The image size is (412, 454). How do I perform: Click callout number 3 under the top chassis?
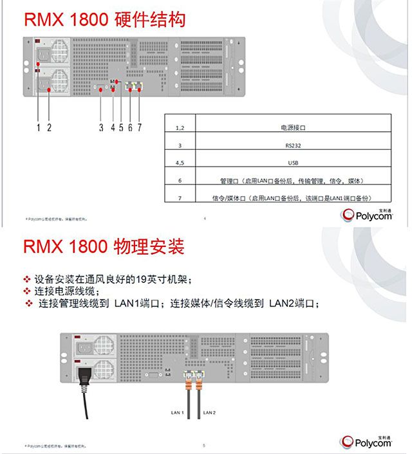tap(101, 127)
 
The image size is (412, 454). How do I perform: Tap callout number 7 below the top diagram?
tap(139, 127)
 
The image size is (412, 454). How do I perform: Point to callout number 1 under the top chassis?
tap(39, 127)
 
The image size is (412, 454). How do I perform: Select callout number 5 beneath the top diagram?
tap(121, 127)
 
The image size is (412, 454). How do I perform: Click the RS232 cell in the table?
tap(293, 145)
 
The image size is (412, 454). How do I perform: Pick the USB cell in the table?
tap(293, 163)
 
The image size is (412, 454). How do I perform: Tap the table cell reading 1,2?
tap(180, 128)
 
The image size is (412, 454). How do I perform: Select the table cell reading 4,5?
tap(180, 163)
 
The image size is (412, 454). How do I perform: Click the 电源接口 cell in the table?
tap(293, 128)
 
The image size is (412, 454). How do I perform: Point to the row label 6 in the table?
tap(180, 181)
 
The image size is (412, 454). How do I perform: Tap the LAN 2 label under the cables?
tap(209, 412)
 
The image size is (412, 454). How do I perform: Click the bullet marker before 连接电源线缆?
tap(27, 291)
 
